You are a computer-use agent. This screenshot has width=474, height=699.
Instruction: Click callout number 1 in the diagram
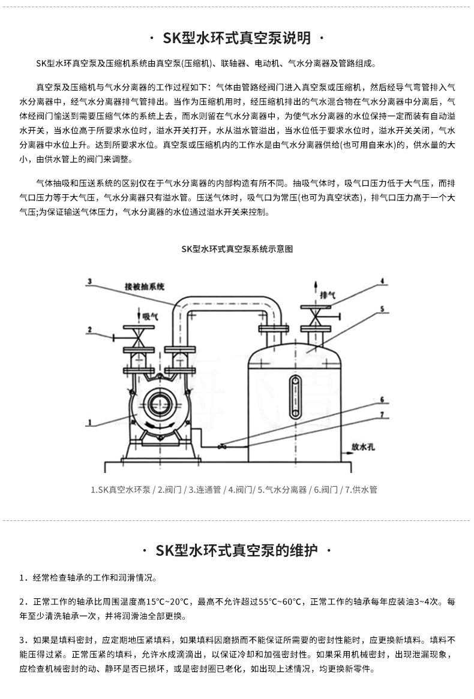[88, 423]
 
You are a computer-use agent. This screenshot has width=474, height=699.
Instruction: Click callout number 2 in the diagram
[88, 329]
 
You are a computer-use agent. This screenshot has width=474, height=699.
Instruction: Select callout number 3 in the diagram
[88, 281]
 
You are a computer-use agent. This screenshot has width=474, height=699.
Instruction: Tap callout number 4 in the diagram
[380, 281]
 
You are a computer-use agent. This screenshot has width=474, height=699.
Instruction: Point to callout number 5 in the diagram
[380, 309]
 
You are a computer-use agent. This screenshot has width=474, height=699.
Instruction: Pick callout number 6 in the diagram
[380, 399]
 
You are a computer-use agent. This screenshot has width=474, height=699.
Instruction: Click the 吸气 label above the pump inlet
[149, 315]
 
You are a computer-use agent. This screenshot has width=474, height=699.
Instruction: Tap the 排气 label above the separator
[328, 295]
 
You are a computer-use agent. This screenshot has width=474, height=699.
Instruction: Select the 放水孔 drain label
[364, 447]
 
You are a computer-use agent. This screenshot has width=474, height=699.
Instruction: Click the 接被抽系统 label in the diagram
[144, 286]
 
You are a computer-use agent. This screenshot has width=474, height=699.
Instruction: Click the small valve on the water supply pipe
[223, 445]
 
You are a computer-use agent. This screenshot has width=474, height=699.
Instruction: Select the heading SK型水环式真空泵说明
[237, 39]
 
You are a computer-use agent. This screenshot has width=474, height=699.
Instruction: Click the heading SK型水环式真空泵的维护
[237, 551]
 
